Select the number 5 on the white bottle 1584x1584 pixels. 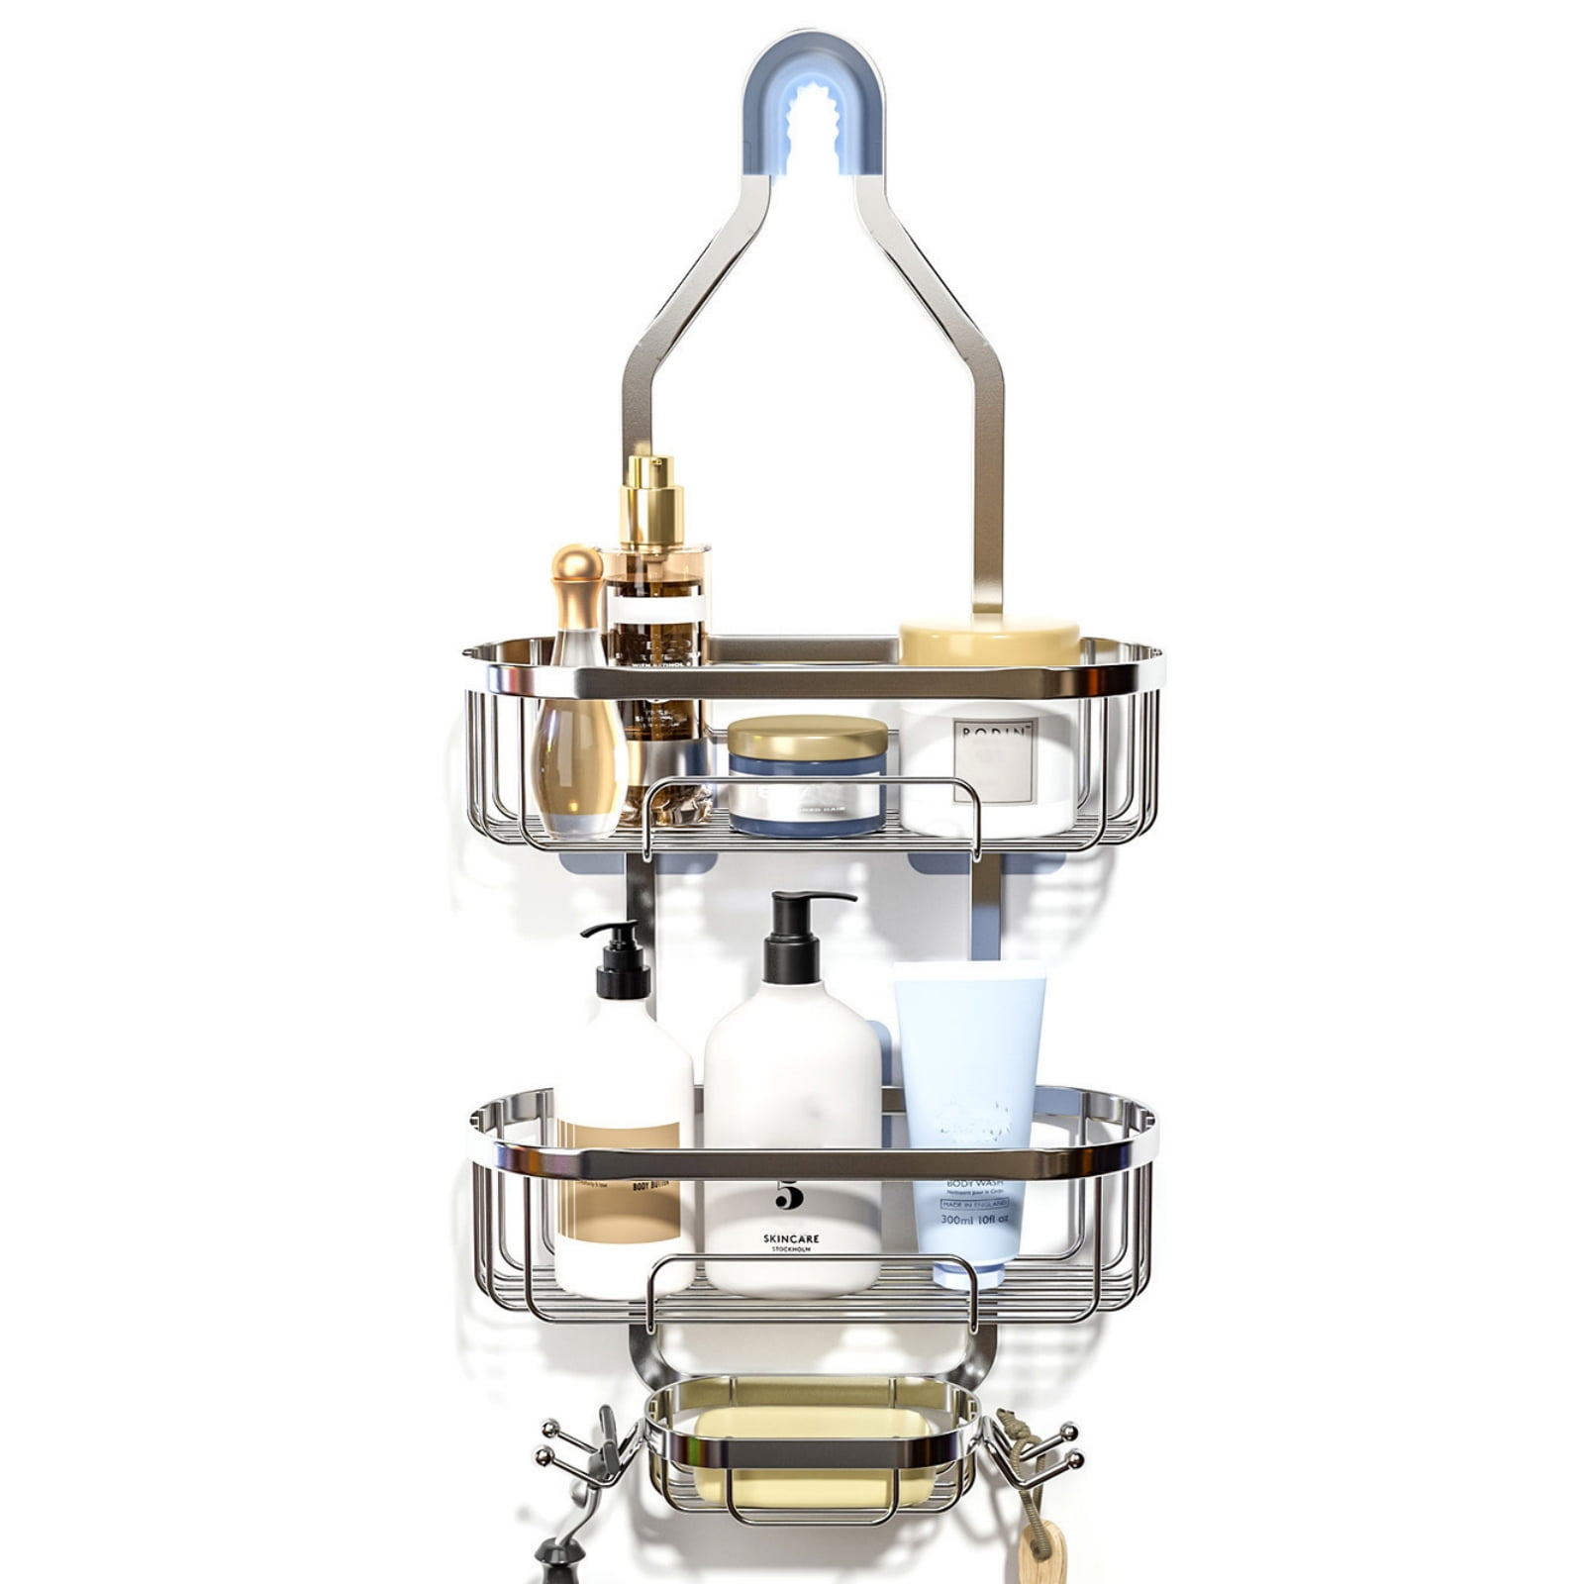tap(789, 1196)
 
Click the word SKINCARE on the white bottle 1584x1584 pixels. tap(791, 1237)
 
